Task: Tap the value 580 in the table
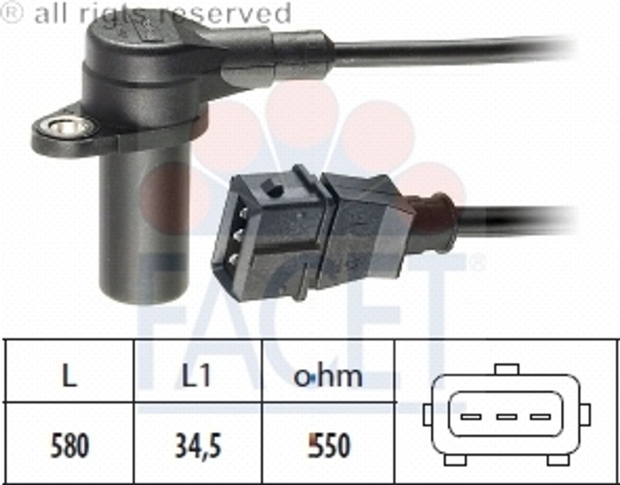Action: coord(70,446)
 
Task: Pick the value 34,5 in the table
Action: coord(198,446)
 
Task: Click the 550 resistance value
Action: coord(329,446)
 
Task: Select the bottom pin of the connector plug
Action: coord(233,259)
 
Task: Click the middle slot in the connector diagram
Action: coord(507,417)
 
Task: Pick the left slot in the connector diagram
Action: coord(471,417)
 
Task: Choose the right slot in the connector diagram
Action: coord(541,417)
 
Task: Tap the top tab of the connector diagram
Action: coord(507,369)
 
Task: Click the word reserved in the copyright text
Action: coord(225,13)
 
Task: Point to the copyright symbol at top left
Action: coord(12,12)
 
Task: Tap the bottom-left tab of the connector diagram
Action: coord(455,460)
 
